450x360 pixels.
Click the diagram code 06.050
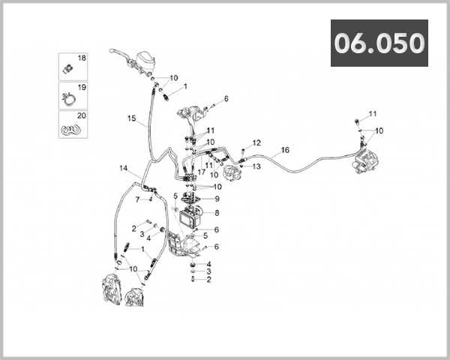point(379,43)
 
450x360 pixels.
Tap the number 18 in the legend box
point(82,58)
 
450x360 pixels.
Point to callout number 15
point(131,119)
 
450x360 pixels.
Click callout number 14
point(124,168)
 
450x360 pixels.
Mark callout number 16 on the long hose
point(285,150)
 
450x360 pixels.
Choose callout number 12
point(256,142)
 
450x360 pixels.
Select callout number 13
point(256,166)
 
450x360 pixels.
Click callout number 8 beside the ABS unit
point(217,213)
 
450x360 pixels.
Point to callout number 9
point(217,199)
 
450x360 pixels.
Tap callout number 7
point(138,199)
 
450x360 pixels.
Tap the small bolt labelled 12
point(242,152)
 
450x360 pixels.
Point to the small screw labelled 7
point(151,200)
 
